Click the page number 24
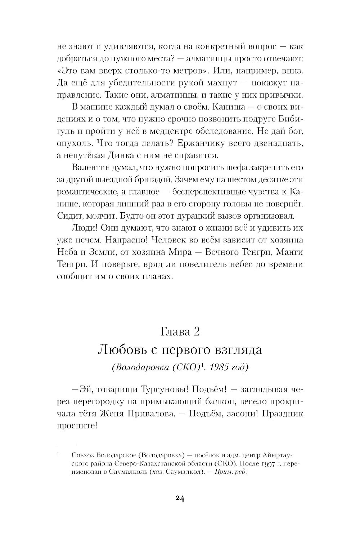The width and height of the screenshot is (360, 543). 180,498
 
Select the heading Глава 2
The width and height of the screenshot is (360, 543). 180,331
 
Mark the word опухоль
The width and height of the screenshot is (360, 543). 73,143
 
